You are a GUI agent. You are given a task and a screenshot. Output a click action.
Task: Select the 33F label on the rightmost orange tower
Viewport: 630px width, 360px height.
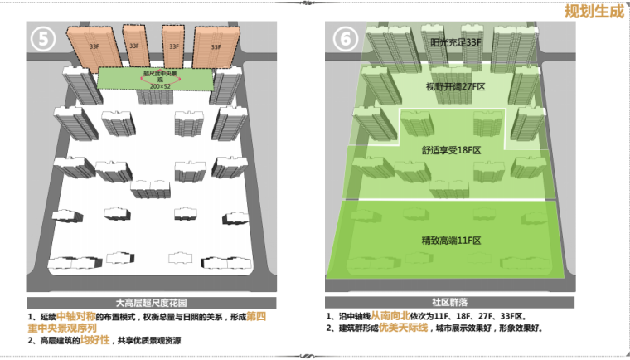click(216, 47)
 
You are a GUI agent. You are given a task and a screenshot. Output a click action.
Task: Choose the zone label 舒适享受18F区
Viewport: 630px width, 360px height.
click(452, 150)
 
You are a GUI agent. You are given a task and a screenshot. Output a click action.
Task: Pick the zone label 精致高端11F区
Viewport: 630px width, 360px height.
click(452, 240)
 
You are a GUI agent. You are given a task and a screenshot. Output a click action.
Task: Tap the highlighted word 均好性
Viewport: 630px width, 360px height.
click(94, 340)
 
